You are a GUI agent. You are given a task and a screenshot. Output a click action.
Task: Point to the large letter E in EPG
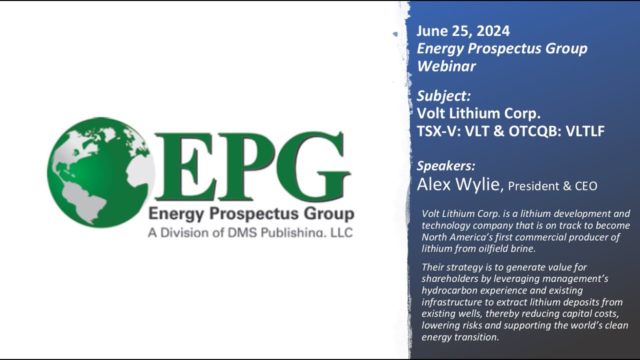(182, 166)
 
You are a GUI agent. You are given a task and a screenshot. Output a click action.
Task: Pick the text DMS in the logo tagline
(250, 232)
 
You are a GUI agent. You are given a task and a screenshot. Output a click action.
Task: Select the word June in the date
(433, 31)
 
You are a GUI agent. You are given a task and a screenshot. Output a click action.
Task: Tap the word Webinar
(446, 66)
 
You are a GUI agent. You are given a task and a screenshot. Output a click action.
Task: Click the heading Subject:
(443, 96)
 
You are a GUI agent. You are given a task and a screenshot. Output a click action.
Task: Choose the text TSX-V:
(439, 131)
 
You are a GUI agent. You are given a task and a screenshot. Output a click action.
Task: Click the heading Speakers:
(446, 166)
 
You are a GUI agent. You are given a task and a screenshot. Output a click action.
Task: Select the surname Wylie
(478, 185)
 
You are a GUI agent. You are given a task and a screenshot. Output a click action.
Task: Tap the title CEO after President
(585, 186)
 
